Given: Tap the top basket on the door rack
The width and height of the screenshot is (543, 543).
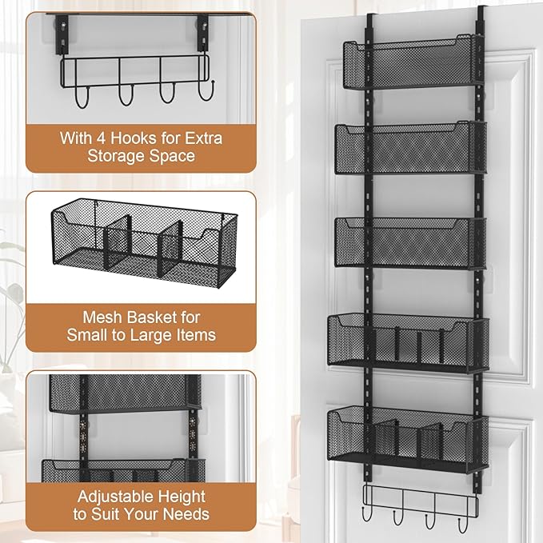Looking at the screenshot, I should click(x=413, y=60).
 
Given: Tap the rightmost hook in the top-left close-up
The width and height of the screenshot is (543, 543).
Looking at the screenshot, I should click(x=206, y=94).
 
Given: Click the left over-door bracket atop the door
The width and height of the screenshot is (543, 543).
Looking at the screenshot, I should click(x=370, y=20).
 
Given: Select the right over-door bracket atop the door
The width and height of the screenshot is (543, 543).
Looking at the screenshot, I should click(x=482, y=20).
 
